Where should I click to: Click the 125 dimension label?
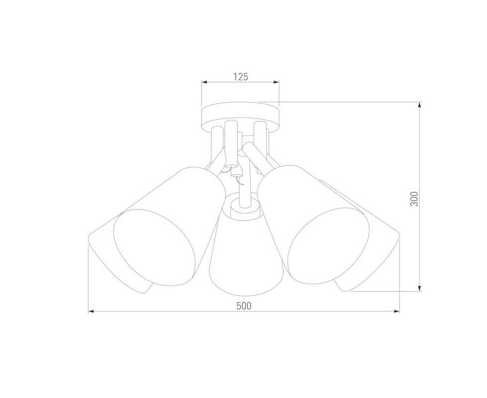(x=241, y=77)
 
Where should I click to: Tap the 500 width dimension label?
(x=244, y=306)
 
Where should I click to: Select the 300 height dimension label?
(x=414, y=199)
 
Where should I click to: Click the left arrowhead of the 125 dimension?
(x=205, y=82)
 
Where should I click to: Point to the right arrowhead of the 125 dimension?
(x=276, y=82)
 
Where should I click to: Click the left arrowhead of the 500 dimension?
(x=91, y=311)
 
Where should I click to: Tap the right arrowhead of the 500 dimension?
(x=396, y=311)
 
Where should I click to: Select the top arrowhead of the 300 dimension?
(x=420, y=105)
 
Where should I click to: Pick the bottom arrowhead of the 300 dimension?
(x=420, y=288)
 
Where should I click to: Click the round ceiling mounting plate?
(x=241, y=116)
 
